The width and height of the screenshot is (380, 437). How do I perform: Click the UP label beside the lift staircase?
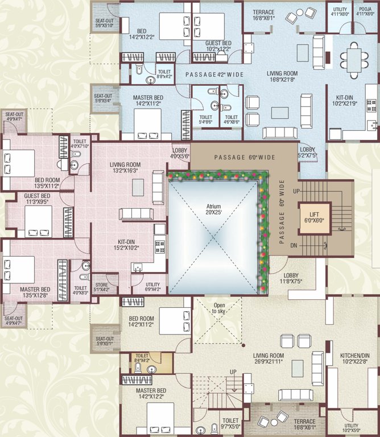click(x=294, y=192)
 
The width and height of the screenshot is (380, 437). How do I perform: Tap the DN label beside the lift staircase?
click(x=294, y=245)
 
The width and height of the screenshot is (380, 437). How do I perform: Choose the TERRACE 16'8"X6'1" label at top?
click(x=263, y=15)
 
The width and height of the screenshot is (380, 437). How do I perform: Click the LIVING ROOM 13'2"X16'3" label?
click(x=125, y=167)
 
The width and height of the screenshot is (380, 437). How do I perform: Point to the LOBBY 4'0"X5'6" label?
click(x=180, y=153)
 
